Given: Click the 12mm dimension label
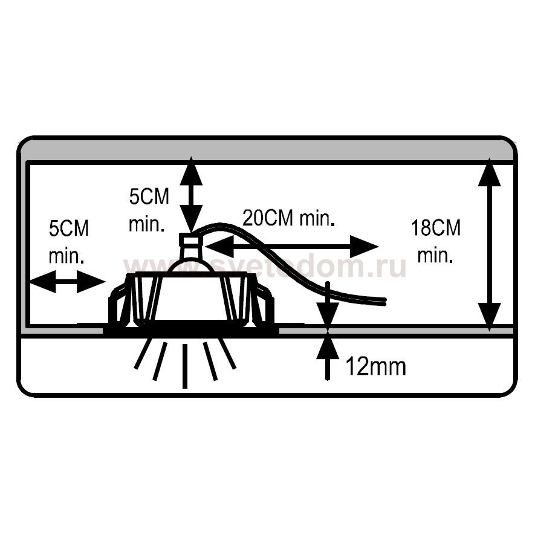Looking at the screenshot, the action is [376, 366].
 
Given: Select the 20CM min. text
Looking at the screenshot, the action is [288, 218].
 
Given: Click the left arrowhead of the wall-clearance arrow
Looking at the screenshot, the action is [43, 282].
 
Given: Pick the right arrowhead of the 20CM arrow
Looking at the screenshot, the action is [364, 247].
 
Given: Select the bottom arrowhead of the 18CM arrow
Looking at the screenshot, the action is [489, 317].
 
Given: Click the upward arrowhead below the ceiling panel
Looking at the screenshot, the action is [328, 346].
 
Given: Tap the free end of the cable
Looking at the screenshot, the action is [385, 300].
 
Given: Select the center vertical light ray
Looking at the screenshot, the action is [185, 366].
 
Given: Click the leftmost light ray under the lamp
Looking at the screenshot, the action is [141, 354].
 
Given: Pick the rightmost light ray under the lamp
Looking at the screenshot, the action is [228, 354].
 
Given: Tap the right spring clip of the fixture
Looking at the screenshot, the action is [264, 303].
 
